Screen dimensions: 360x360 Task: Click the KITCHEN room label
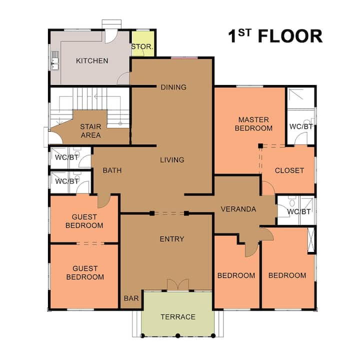click(x=92, y=61)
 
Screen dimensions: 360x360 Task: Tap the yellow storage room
click(x=143, y=43)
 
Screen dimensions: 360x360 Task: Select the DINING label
click(x=173, y=87)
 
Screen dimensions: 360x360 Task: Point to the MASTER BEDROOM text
click(x=253, y=124)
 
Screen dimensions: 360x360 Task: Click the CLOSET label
click(x=289, y=170)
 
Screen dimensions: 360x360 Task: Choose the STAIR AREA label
click(x=90, y=131)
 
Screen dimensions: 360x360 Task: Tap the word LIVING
click(x=172, y=160)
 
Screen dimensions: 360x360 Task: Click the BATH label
click(x=112, y=170)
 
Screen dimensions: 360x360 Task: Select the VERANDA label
click(x=238, y=209)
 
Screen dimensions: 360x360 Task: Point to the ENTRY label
click(x=172, y=239)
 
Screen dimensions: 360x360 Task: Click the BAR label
click(x=131, y=298)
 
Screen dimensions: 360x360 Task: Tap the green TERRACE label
click(x=178, y=317)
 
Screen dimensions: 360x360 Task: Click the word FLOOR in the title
click(x=290, y=36)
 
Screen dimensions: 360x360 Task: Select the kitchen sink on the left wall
click(x=55, y=60)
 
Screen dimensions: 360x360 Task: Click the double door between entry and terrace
click(x=178, y=284)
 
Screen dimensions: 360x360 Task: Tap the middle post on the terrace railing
click(x=177, y=335)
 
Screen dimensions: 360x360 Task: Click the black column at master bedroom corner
click(x=260, y=146)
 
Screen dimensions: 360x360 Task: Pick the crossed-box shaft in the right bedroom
click(x=311, y=240)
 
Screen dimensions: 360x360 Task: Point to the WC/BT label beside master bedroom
click(x=301, y=126)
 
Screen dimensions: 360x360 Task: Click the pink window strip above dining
click(x=184, y=57)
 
